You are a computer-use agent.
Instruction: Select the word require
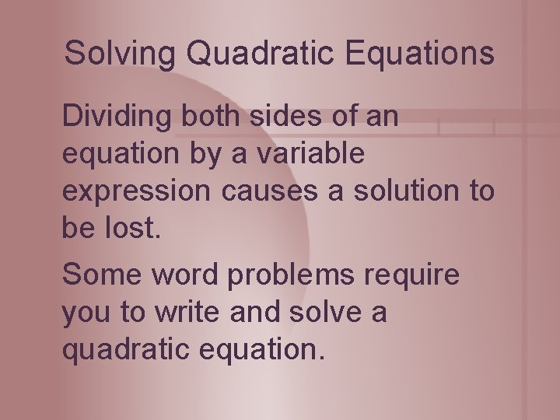click(417, 275)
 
